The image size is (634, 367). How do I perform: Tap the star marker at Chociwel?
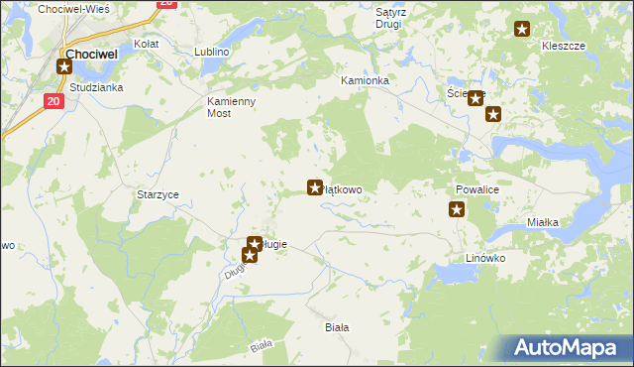[x=65, y=67]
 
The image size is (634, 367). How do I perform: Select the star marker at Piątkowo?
[x=315, y=186]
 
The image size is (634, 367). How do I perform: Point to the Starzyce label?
[x=158, y=195]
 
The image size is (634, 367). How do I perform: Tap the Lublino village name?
[x=213, y=52]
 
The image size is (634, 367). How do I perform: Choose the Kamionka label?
[x=365, y=80]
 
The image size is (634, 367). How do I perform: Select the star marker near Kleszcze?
[x=523, y=30]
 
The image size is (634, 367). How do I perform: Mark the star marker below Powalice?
[x=457, y=209]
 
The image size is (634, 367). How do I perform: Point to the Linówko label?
[x=485, y=258]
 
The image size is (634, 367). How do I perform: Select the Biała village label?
[x=338, y=326]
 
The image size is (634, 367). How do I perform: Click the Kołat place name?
[x=147, y=45]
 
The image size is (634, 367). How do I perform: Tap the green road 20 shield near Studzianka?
[x=53, y=101]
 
